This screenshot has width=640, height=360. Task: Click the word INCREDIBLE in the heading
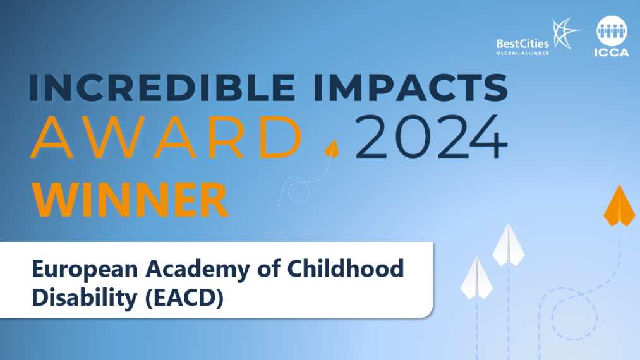[x=162, y=87]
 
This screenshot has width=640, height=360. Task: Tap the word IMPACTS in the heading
[x=410, y=87]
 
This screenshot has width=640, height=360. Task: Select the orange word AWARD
[x=166, y=137]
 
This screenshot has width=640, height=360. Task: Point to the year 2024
[x=431, y=137]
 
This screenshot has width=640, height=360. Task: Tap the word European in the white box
[x=85, y=270]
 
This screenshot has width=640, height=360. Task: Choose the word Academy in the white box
[x=198, y=270]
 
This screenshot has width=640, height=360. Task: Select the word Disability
[x=85, y=298]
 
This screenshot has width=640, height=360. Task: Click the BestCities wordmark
[x=522, y=44]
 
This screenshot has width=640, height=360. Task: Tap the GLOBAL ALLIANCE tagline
[x=522, y=53]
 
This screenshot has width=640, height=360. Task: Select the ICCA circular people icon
[x=612, y=31]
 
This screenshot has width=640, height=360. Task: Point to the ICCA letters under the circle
[x=612, y=52]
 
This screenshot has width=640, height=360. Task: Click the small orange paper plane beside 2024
[x=332, y=148]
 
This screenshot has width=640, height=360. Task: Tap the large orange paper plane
[x=619, y=205]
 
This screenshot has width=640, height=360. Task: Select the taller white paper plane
[x=508, y=244]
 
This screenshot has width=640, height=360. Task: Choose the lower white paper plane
[x=477, y=278]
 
